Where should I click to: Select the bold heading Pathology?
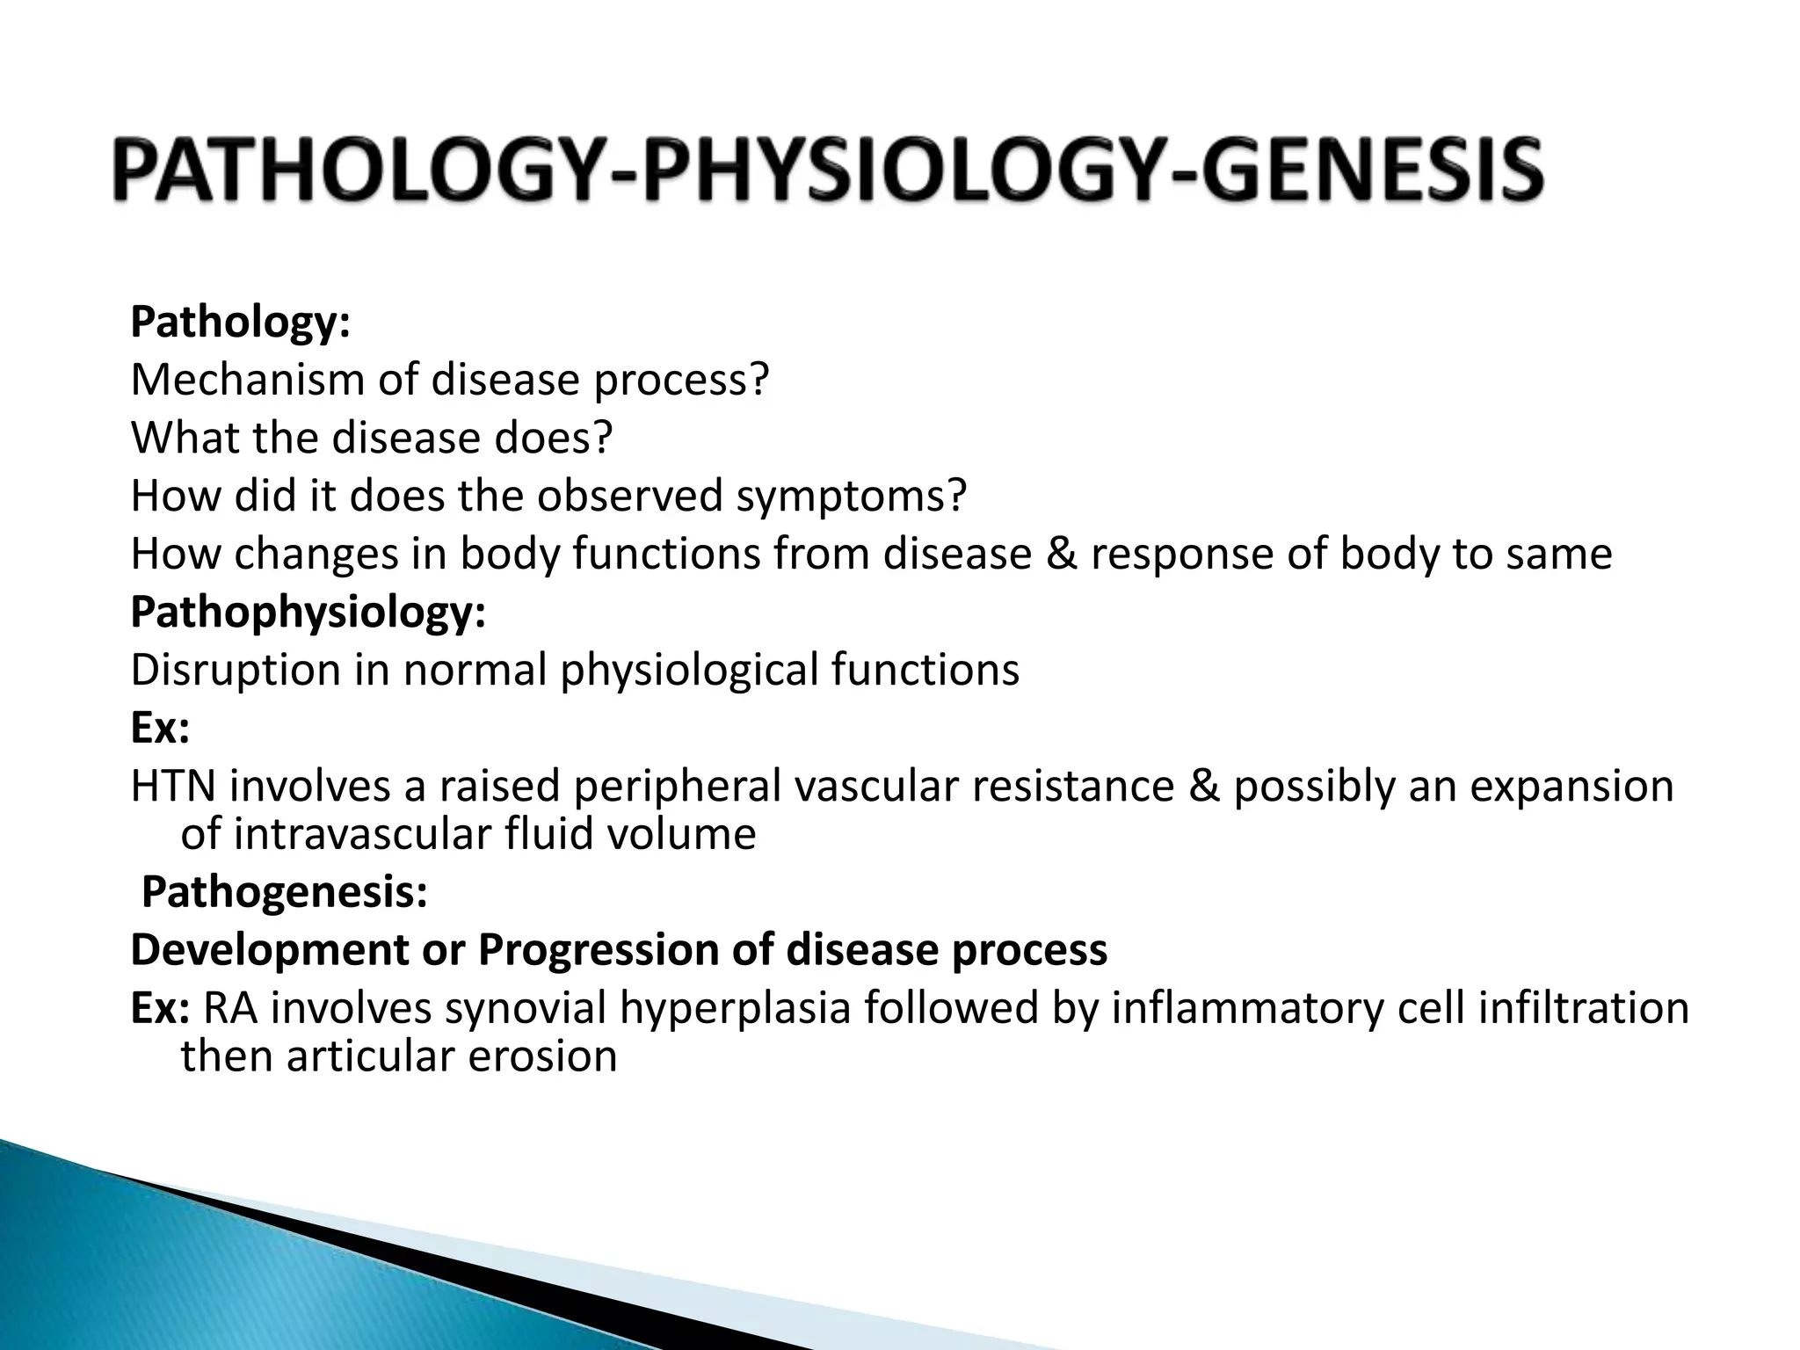(x=240, y=323)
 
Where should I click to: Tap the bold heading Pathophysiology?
(x=308, y=613)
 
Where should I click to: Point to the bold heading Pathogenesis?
(x=285, y=893)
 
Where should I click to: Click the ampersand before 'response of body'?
(x=1061, y=555)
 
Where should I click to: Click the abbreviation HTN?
(x=172, y=786)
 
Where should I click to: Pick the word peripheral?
(x=677, y=786)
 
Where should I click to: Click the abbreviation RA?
(x=230, y=1008)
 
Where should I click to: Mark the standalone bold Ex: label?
(x=159, y=728)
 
